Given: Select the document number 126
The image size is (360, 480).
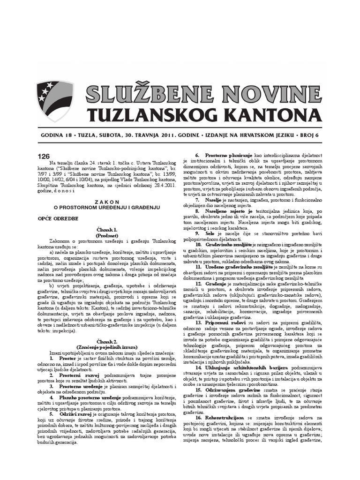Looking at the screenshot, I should (43, 157).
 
